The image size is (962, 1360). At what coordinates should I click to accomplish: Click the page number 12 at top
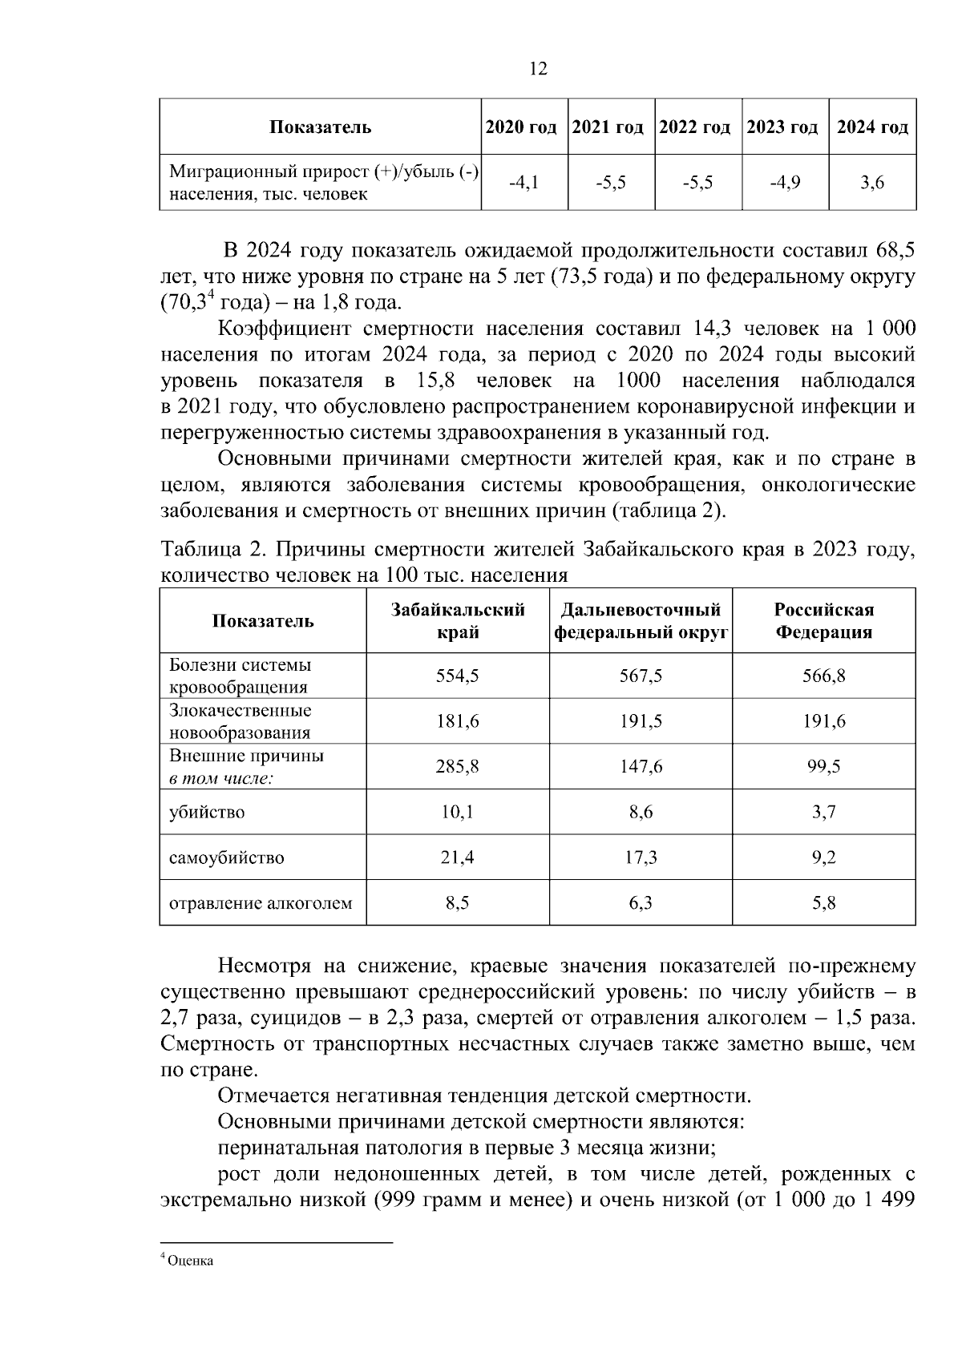tap(538, 70)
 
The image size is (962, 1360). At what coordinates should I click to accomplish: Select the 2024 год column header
tap(872, 127)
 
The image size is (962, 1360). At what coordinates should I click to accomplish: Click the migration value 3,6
tap(872, 183)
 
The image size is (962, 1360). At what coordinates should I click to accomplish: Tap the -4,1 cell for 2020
tap(524, 183)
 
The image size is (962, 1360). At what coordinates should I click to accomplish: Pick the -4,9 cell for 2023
tap(785, 183)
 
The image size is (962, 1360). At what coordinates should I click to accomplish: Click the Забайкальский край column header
tap(458, 621)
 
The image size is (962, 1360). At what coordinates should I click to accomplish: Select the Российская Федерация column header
tap(823, 621)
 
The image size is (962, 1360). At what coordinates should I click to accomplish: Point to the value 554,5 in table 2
tap(458, 676)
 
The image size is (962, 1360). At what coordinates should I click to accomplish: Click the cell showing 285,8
tap(458, 767)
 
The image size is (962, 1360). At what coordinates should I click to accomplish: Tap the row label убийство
tap(207, 813)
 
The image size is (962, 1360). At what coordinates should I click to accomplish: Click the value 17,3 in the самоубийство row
tap(641, 858)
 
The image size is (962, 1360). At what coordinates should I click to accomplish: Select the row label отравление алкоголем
tap(261, 904)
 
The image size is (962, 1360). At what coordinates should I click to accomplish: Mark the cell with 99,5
tap(823, 767)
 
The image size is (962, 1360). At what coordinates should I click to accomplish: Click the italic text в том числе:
tap(221, 778)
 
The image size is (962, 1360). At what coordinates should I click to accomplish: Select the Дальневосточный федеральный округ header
tap(641, 621)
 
